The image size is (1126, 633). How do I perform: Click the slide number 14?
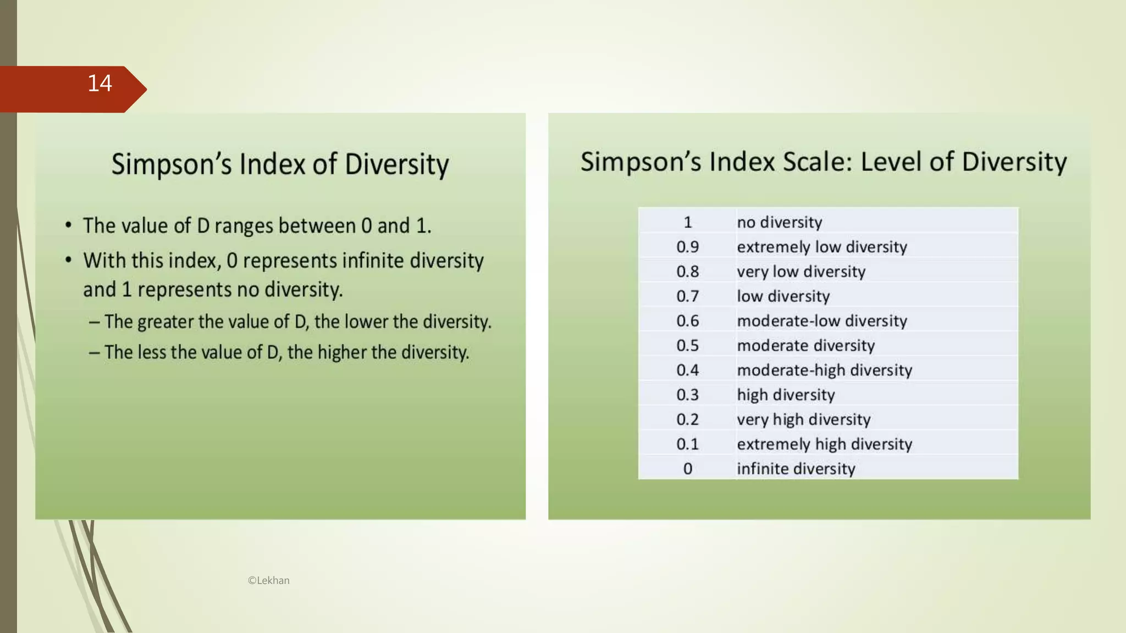pyautogui.click(x=100, y=84)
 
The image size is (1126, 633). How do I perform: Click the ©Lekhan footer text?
pyautogui.click(x=268, y=580)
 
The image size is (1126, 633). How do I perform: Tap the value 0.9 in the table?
pyautogui.click(x=687, y=247)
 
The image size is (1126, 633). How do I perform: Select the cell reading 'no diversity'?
pyautogui.click(x=779, y=222)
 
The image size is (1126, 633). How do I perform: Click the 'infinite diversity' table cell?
pyautogui.click(x=796, y=469)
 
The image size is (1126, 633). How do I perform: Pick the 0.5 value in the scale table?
pyautogui.click(x=687, y=346)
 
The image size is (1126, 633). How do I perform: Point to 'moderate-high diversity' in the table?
pyautogui.click(x=824, y=370)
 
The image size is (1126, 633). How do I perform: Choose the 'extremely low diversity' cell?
pyautogui.click(x=821, y=247)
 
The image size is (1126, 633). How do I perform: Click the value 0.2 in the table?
pyautogui.click(x=687, y=419)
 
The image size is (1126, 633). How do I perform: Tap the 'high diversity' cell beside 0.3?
pyautogui.click(x=786, y=395)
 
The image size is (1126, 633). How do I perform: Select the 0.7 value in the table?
pyautogui.click(x=687, y=296)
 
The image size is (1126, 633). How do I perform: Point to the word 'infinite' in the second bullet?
pyautogui.click(x=372, y=260)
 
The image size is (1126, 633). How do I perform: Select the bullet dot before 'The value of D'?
pyautogui.click(x=68, y=225)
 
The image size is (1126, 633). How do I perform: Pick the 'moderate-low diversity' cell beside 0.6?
pyautogui.click(x=821, y=321)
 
